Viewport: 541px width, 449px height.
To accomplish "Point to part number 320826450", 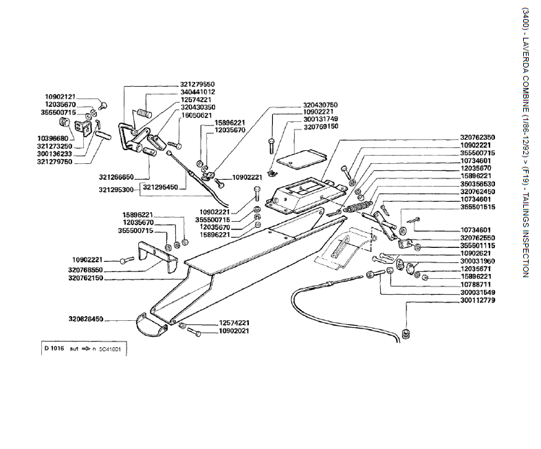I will (x=86, y=320).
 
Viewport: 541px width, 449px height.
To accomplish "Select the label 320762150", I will (x=86, y=278).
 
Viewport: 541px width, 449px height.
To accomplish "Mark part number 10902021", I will (x=234, y=331).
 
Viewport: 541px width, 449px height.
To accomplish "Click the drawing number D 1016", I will (x=54, y=348).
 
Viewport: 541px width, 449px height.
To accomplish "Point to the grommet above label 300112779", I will (x=405, y=335).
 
